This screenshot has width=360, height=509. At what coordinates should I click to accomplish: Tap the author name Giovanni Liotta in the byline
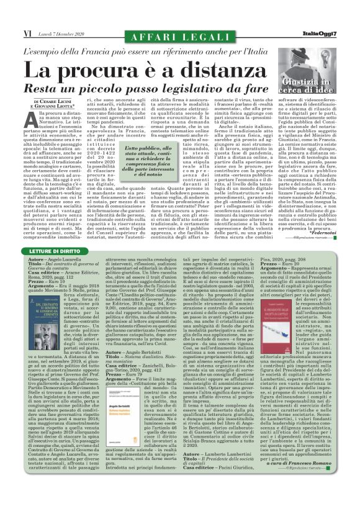(x=51, y=106)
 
